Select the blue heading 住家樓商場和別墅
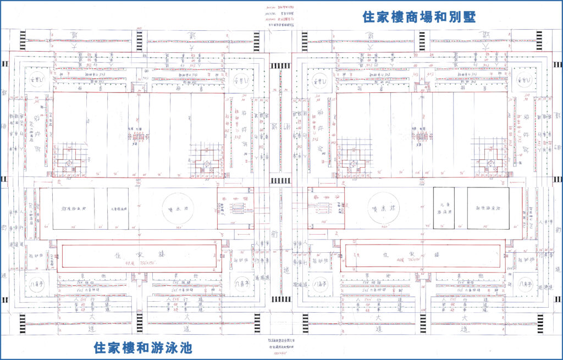pos(419,16)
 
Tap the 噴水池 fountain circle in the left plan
pos(178,209)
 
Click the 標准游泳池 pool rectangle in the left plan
pos(73,209)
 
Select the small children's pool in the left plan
pos(118,209)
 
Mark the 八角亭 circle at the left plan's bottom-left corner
pos(38,285)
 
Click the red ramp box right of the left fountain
pos(235,208)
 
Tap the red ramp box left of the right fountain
pos(326,208)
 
